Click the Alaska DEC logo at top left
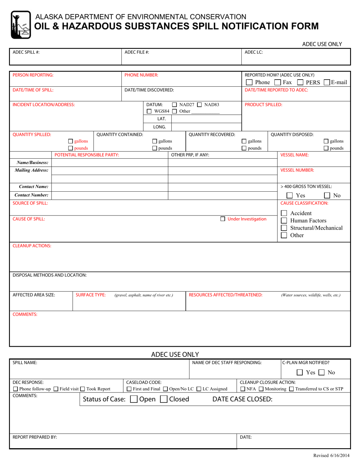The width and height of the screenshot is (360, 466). [21, 25]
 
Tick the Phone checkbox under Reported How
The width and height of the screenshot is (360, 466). [249, 82]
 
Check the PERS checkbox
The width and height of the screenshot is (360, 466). [300, 82]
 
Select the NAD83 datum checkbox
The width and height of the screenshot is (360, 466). [199, 105]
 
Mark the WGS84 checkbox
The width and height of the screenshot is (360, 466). [149, 111]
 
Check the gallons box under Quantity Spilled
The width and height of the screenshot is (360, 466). [70, 141]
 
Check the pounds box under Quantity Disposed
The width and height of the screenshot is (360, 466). [326, 148]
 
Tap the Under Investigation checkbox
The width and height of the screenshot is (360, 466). [223, 219]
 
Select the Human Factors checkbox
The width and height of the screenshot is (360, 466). [284, 220]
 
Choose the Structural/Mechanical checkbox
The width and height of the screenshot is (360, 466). [284, 228]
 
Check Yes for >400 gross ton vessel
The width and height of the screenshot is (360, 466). [290, 195]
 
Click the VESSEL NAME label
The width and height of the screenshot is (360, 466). [294, 155]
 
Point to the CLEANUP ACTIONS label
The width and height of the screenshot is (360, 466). [32, 246]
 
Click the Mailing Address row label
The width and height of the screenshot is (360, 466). [31, 170]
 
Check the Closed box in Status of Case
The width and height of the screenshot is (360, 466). [164, 399]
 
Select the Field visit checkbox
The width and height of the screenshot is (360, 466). [56, 389]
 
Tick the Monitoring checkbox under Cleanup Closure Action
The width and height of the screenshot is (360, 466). [261, 389]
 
